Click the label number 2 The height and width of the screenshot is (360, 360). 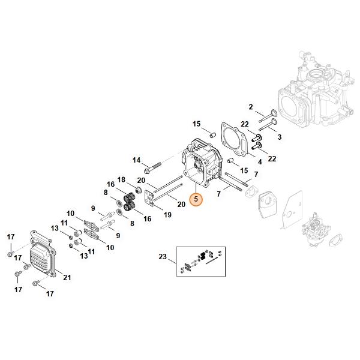[x=251, y=107]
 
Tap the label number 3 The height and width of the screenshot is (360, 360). [x=279, y=137]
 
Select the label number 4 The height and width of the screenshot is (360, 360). [x=259, y=161]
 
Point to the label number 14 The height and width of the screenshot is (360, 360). [x=136, y=160]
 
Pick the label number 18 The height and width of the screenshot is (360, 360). [x=122, y=180]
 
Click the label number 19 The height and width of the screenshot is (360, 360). [x=167, y=214]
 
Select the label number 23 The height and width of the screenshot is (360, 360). [x=162, y=257]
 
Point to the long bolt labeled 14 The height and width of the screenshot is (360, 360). [x=155, y=164]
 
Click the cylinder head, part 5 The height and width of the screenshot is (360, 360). [x=200, y=163]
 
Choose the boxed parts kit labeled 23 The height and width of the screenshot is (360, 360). [x=201, y=259]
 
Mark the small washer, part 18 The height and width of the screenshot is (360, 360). [x=137, y=190]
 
